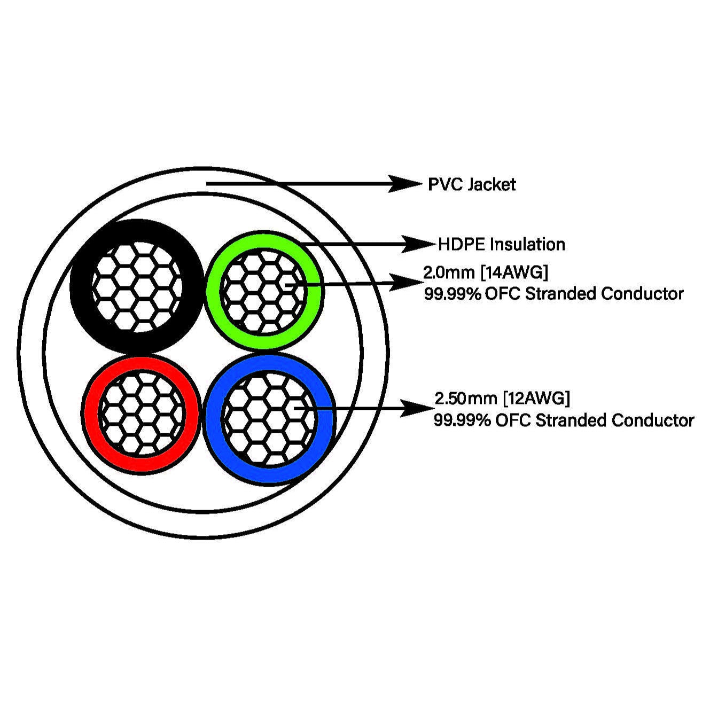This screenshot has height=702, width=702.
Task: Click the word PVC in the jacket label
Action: (x=445, y=185)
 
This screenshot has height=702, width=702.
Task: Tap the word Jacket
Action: (x=492, y=185)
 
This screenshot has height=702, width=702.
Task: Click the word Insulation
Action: (x=527, y=245)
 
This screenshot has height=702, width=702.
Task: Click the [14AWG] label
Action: (x=514, y=272)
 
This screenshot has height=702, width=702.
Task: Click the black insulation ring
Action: (x=80, y=286)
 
